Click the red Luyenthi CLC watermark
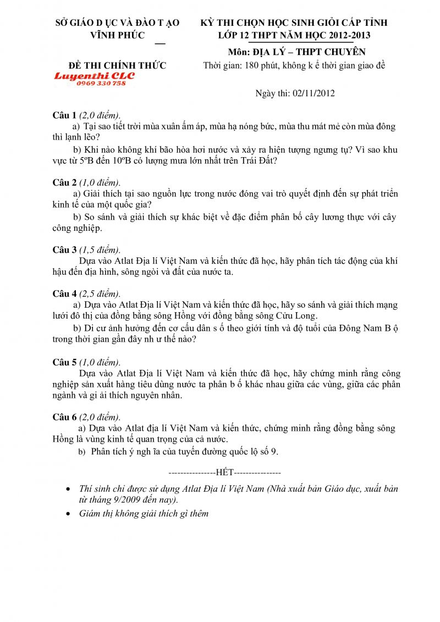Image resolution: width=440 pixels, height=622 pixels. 94,76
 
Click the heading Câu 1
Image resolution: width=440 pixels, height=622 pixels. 64,115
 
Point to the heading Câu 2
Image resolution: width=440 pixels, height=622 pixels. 64,182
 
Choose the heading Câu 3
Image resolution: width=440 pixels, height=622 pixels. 64,250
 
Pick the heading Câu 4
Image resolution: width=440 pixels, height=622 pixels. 64,294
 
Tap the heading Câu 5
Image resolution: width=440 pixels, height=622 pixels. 64,362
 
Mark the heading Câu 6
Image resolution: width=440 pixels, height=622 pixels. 64,417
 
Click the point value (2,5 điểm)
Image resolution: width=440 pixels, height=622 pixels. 100,294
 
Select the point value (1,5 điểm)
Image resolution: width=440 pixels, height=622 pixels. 100,250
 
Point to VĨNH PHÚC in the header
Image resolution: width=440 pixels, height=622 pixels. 117,36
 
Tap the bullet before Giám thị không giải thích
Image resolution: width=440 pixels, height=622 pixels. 68,514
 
